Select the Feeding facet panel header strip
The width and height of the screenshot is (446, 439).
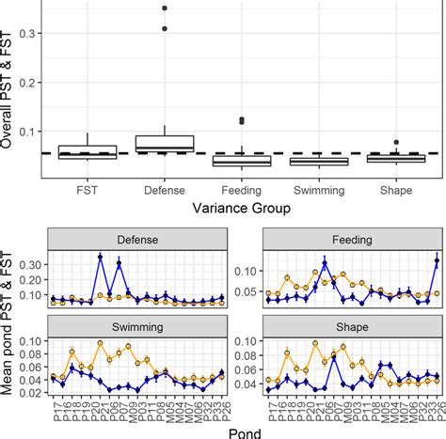351,239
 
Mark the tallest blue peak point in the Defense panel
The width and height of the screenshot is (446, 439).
101,257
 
